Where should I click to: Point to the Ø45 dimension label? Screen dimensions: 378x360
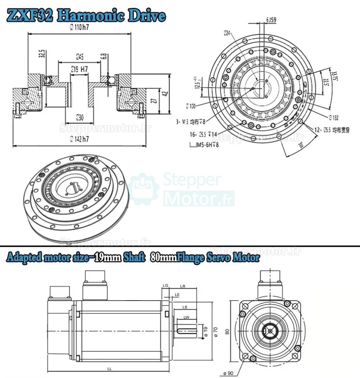[x=80, y=56]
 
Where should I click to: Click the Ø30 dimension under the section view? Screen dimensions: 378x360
[x=80, y=117]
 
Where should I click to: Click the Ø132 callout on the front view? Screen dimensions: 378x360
[x=333, y=117]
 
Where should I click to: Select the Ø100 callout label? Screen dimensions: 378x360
[x=190, y=106]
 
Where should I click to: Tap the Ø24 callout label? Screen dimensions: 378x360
[x=227, y=33]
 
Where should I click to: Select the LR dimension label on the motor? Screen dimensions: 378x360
[x=183, y=286]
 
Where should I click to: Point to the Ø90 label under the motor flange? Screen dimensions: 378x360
[x=228, y=373]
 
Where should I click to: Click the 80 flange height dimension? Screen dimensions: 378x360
[x=227, y=331]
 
